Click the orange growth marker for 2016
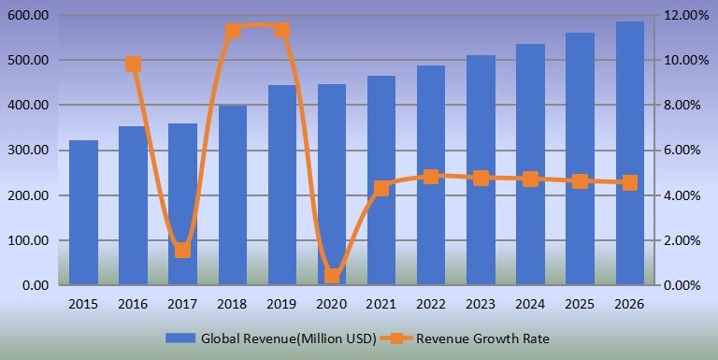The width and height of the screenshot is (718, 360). tap(133, 65)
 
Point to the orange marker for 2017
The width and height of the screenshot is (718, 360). tap(182, 250)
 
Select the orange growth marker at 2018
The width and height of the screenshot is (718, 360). tap(233, 32)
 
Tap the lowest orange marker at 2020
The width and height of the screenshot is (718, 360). tap(332, 276)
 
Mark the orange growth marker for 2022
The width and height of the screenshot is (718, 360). tap(431, 176)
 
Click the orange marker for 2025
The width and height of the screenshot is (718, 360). tap(580, 181)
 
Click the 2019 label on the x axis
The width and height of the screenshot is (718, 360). tap(282, 303)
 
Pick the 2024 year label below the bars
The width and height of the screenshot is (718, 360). tap(530, 303)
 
